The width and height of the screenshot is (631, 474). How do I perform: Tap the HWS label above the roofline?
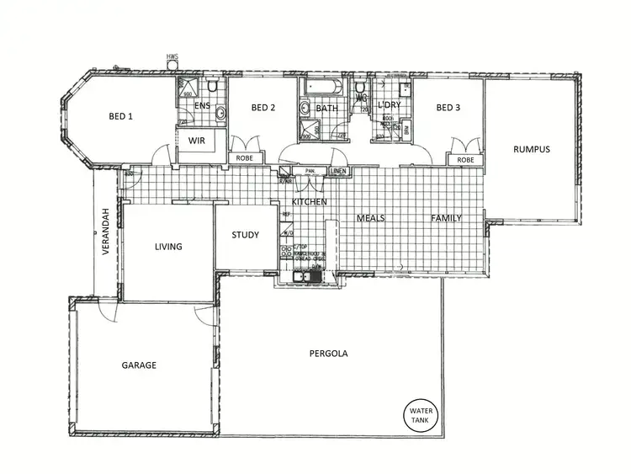coord(172,57)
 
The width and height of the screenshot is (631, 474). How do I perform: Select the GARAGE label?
coord(139,365)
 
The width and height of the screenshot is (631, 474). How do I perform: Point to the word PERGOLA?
coord(328,354)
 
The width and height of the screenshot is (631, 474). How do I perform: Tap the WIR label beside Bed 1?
coord(198,140)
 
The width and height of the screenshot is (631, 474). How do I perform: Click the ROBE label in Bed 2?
coord(244,158)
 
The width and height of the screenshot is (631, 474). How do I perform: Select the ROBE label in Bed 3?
coord(464,159)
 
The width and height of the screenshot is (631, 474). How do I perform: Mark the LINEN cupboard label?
coord(338,171)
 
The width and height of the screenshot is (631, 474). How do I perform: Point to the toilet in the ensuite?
coord(215,87)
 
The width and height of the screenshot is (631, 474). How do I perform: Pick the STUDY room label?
coord(245,235)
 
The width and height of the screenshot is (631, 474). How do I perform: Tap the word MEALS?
coord(370,218)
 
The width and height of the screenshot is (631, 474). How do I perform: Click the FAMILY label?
coord(447,218)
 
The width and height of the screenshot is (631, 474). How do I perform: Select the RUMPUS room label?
coord(532,149)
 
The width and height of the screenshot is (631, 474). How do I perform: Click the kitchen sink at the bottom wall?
coord(300,276)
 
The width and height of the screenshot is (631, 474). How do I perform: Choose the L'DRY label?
coord(389,105)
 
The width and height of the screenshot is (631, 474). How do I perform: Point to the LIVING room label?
coord(168,247)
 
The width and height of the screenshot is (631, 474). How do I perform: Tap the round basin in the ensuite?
coord(220,113)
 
